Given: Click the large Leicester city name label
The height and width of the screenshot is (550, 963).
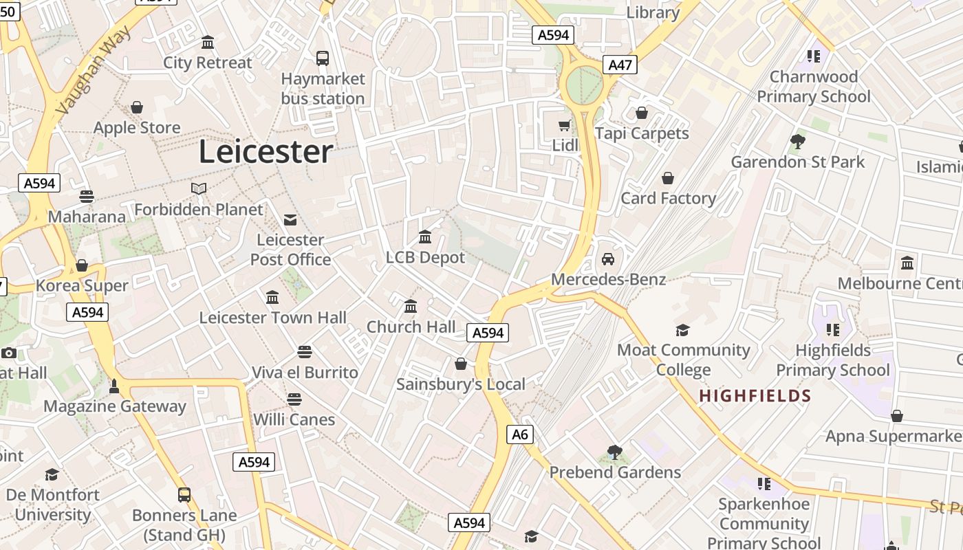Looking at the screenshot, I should [266, 152].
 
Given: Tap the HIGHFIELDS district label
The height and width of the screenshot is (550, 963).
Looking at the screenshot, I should [755, 396].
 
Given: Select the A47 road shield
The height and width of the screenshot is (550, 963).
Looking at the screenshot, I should [620, 65].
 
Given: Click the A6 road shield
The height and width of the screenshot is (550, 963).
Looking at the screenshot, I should [520, 434].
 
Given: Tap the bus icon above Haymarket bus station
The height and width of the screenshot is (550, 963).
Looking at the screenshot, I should [323, 58].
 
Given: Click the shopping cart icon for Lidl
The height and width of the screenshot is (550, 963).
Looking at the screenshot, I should [565, 125].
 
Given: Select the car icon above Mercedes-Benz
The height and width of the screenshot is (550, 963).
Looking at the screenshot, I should [607, 259].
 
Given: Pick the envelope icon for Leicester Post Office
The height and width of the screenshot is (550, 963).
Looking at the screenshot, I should [290, 220].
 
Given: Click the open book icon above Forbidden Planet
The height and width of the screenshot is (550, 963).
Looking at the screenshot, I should [199, 188].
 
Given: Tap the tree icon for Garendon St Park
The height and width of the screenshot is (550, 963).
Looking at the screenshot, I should [798, 142].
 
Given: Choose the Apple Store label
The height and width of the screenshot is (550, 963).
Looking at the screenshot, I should [137, 128].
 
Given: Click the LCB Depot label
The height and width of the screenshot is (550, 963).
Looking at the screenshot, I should [425, 258].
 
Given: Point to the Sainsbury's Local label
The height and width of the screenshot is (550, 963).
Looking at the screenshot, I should [460, 384].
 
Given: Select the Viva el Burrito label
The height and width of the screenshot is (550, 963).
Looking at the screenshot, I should [305, 373].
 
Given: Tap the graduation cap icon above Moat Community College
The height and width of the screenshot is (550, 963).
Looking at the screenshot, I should [682, 330].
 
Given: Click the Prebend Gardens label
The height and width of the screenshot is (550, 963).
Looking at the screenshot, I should [615, 472].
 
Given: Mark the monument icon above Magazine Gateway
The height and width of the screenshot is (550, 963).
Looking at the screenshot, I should [114, 386].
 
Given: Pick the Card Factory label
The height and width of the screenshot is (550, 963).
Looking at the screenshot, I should [668, 199].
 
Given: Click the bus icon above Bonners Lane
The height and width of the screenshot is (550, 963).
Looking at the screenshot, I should [184, 494].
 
